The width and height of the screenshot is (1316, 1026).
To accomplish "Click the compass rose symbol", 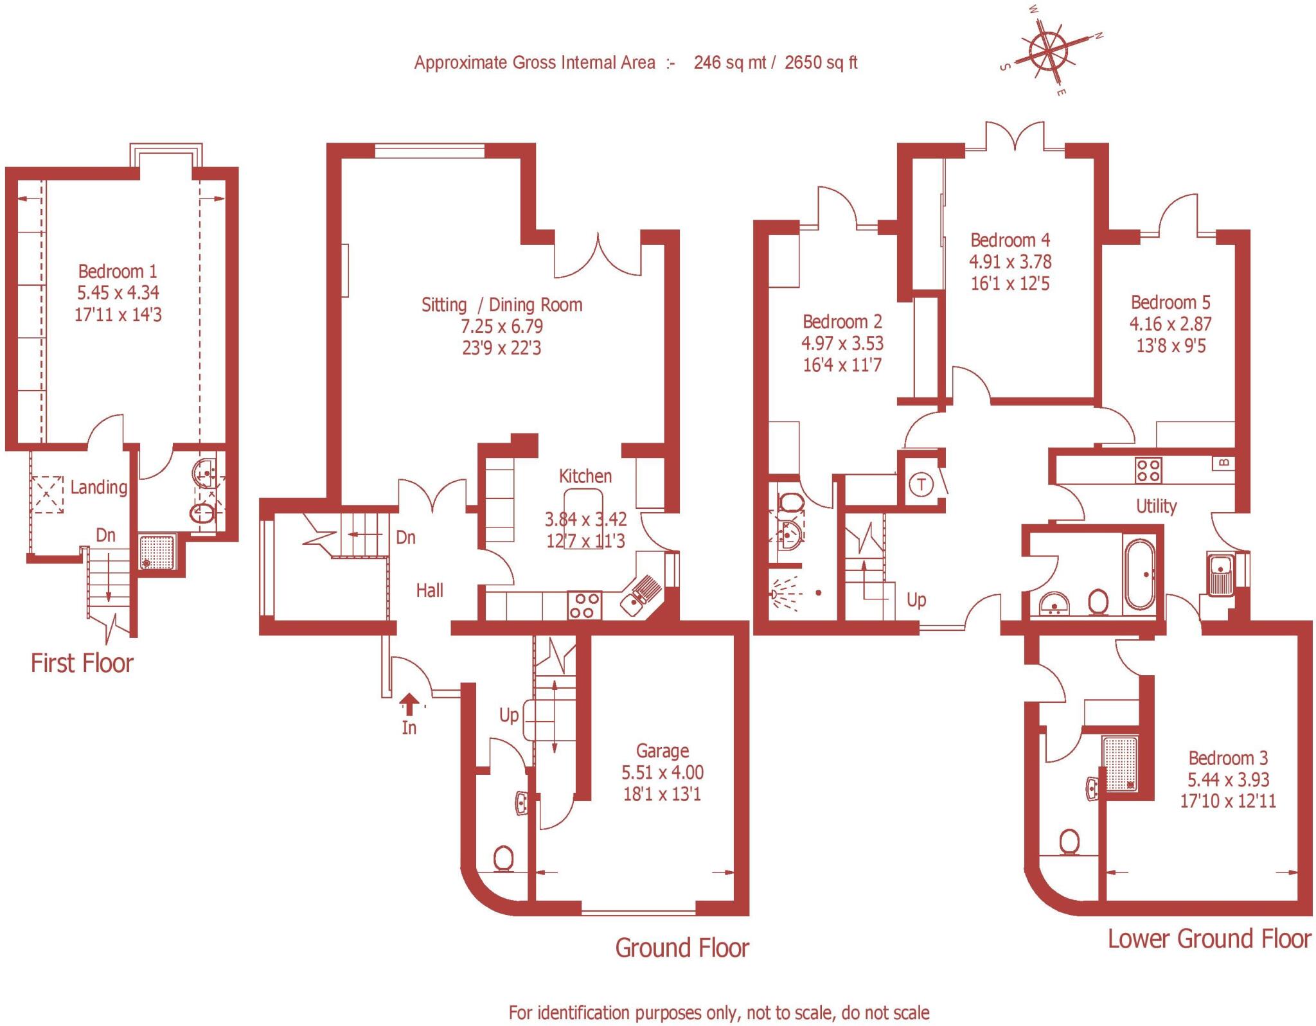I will click(x=1049, y=50).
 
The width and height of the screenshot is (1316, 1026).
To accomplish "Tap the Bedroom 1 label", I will click(x=118, y=271).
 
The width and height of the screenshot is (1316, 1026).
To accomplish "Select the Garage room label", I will click(x=662, y=750).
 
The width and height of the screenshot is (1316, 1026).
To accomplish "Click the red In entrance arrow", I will click(x=409, y=703).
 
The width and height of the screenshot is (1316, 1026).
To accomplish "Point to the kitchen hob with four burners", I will click(x=585, y=605).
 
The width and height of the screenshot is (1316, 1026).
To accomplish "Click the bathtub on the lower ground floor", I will click(x=1139, y=574).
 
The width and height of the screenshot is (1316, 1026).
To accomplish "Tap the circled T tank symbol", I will click(x=922, y=484).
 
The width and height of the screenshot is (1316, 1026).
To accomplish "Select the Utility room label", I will click(x=1156, y=506).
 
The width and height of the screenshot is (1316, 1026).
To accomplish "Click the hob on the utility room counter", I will click(x=1148, y=469).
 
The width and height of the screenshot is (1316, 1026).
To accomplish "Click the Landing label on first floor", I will click(x=98, y=487).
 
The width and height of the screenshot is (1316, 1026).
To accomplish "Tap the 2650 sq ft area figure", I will click(x=821, y=62).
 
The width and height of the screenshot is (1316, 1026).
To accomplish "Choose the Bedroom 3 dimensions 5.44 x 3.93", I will click(x=1228, y=779).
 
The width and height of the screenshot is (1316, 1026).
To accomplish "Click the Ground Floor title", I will click(x=682, y=948).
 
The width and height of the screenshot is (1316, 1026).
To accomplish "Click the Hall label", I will click(x=429, y=590).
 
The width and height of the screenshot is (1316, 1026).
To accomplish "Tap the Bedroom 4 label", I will click(x=1009, y=240).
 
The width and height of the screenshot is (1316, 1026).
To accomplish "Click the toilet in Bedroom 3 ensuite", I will click(x=1069, y=842).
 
